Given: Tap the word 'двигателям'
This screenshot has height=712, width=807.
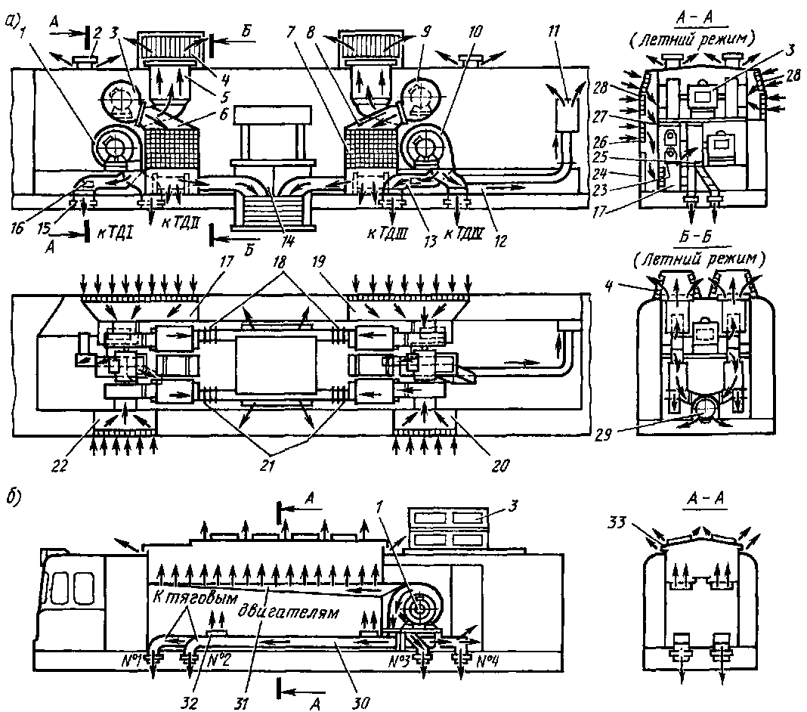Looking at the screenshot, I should tap(287, 610).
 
